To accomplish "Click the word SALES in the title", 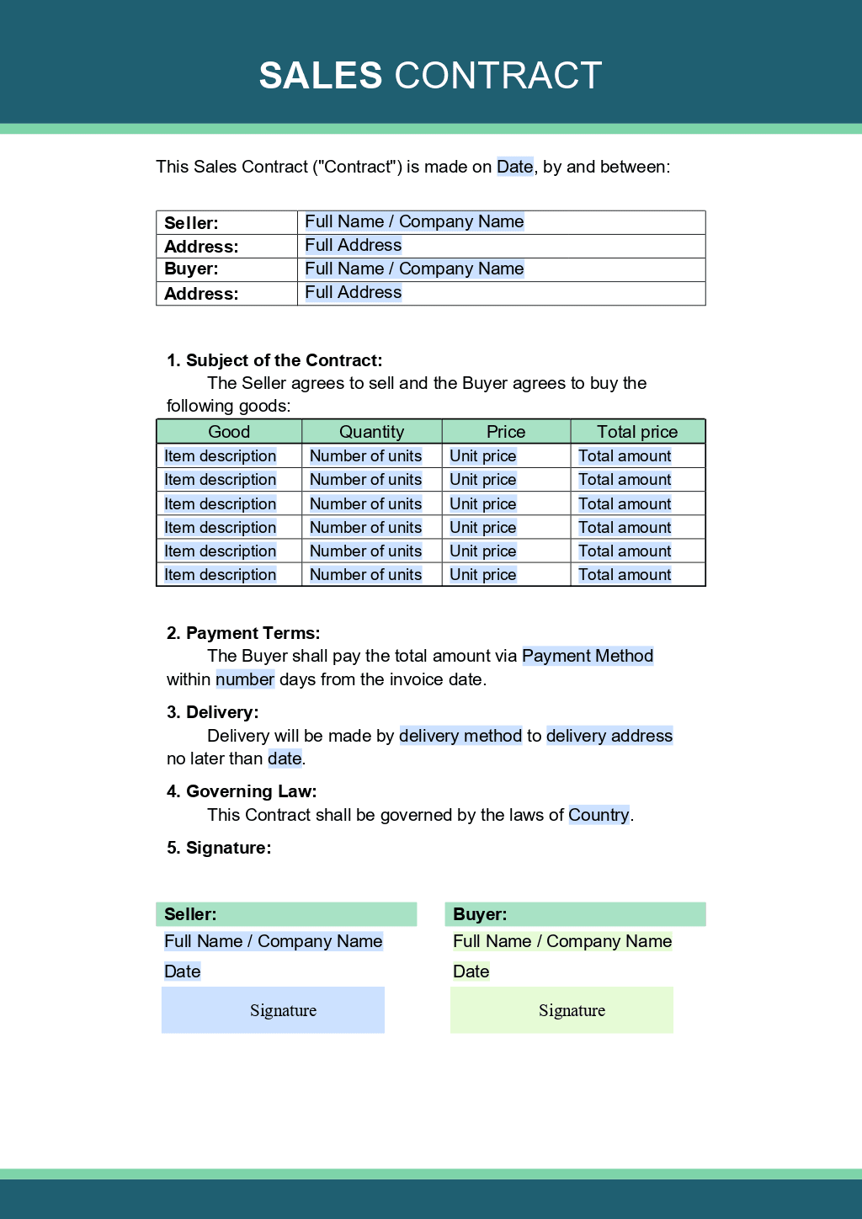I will (321, 76).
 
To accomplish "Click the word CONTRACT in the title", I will (498, 76).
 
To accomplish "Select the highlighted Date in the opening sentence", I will (514, 167).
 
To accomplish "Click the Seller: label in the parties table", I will (191, 223).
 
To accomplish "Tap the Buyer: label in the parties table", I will (191, 269).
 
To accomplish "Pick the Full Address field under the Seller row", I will (353, 245).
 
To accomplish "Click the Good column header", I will (229, 432).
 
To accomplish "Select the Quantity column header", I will (371, 432).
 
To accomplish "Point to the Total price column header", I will (637, 432).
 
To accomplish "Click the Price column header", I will (506, 432).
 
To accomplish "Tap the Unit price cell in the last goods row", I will (482, 575).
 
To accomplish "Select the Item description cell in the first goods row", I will (220, 456).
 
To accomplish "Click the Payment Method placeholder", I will (588, 656).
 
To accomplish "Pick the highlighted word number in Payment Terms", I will (245, 679).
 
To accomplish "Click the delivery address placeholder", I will (609, 736).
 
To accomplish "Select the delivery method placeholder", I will (460, 736).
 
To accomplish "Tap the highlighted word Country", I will (599, 815).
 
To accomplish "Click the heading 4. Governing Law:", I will (242, 791).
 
